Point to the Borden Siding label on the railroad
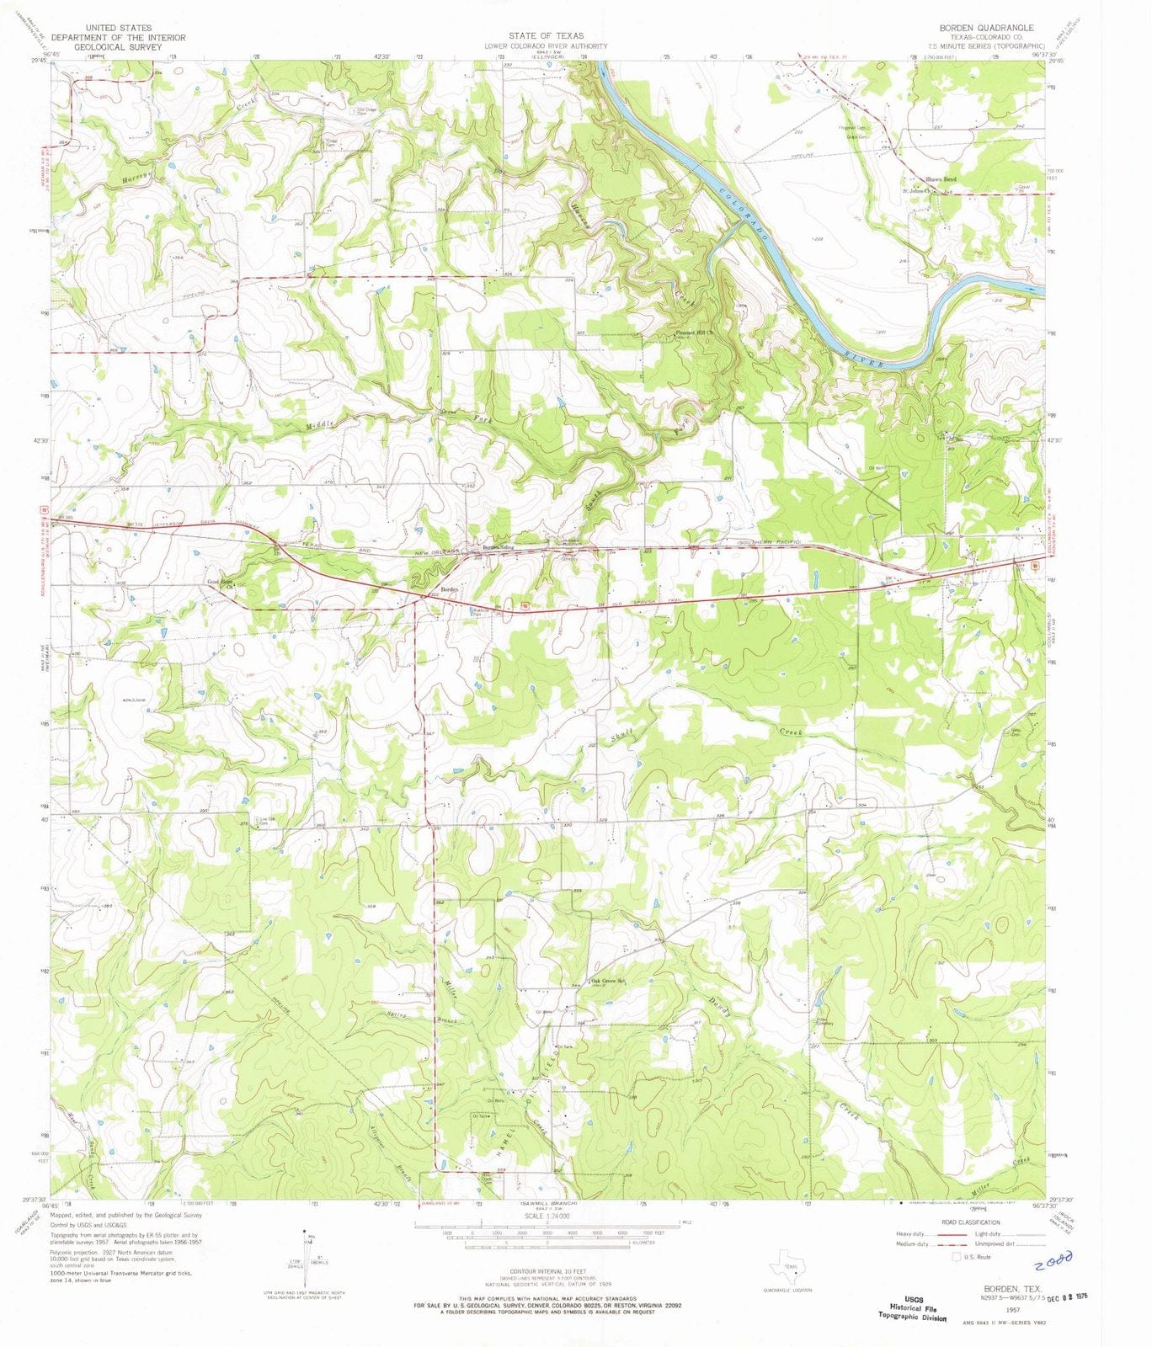[498, 547]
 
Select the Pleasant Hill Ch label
[695, 332]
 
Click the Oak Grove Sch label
[611, 981]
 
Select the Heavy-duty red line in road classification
[952, 1233]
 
